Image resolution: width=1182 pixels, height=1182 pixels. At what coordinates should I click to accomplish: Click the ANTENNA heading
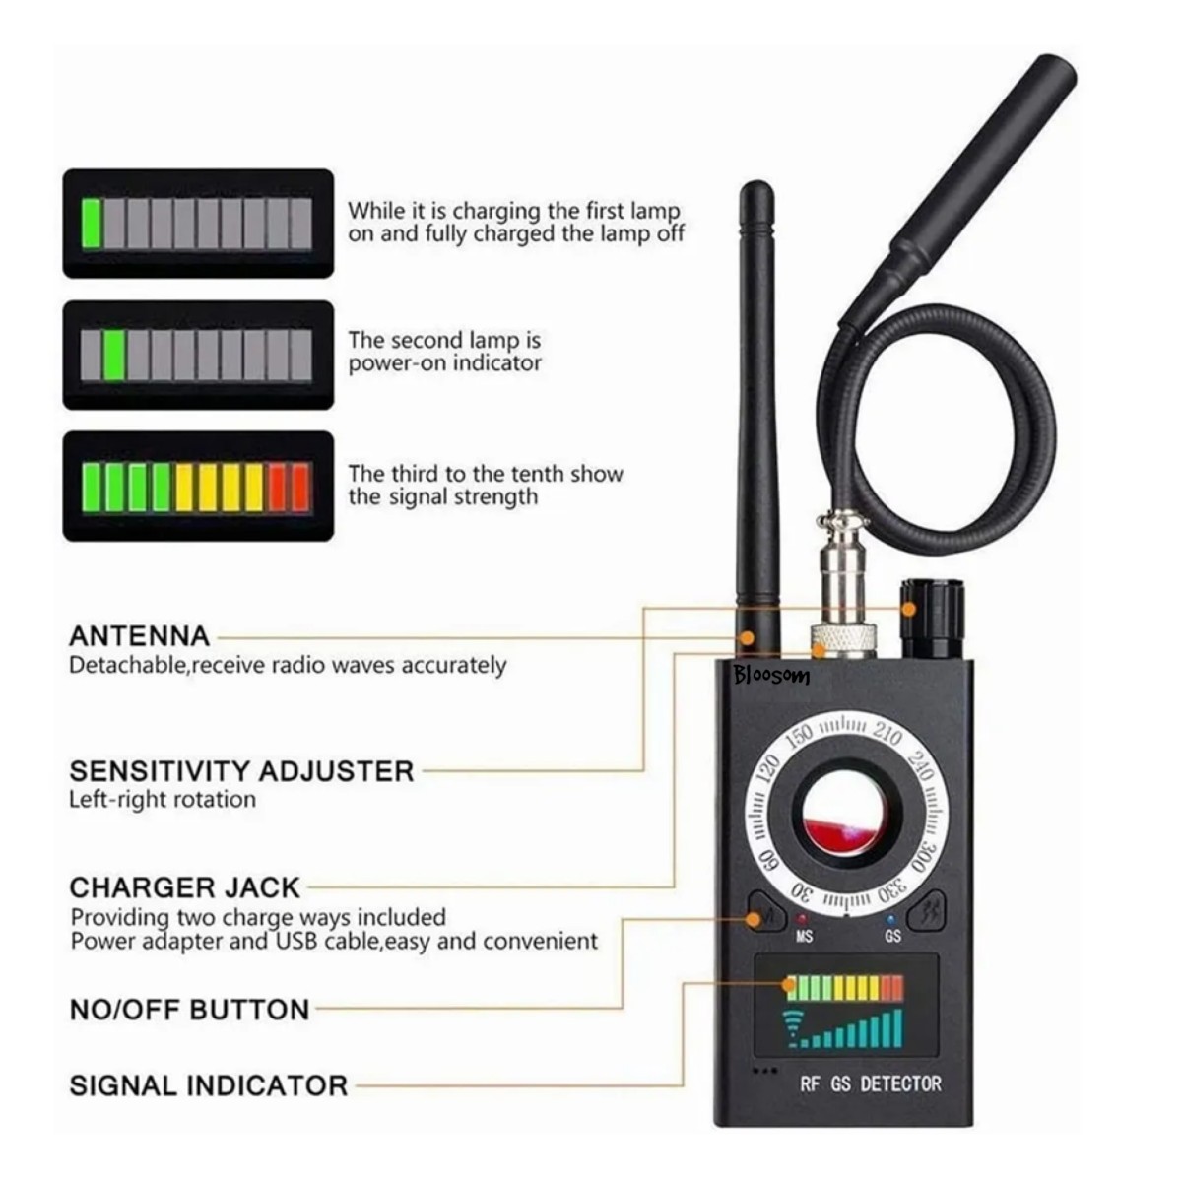139,636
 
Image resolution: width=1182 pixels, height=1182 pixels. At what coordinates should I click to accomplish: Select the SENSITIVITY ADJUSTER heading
241,771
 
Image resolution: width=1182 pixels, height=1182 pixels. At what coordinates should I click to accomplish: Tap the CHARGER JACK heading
184,887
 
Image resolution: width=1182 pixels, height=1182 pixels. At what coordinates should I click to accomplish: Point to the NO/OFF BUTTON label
189,1010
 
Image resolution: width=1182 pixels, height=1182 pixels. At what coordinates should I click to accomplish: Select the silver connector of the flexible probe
843,589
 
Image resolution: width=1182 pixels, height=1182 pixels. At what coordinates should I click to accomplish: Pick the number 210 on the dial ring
887,733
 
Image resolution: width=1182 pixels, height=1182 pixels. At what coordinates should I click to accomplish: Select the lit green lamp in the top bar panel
91,224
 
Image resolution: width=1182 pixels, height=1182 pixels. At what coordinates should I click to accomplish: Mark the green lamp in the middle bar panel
114,356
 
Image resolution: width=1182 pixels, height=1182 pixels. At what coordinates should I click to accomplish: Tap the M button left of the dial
766,918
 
